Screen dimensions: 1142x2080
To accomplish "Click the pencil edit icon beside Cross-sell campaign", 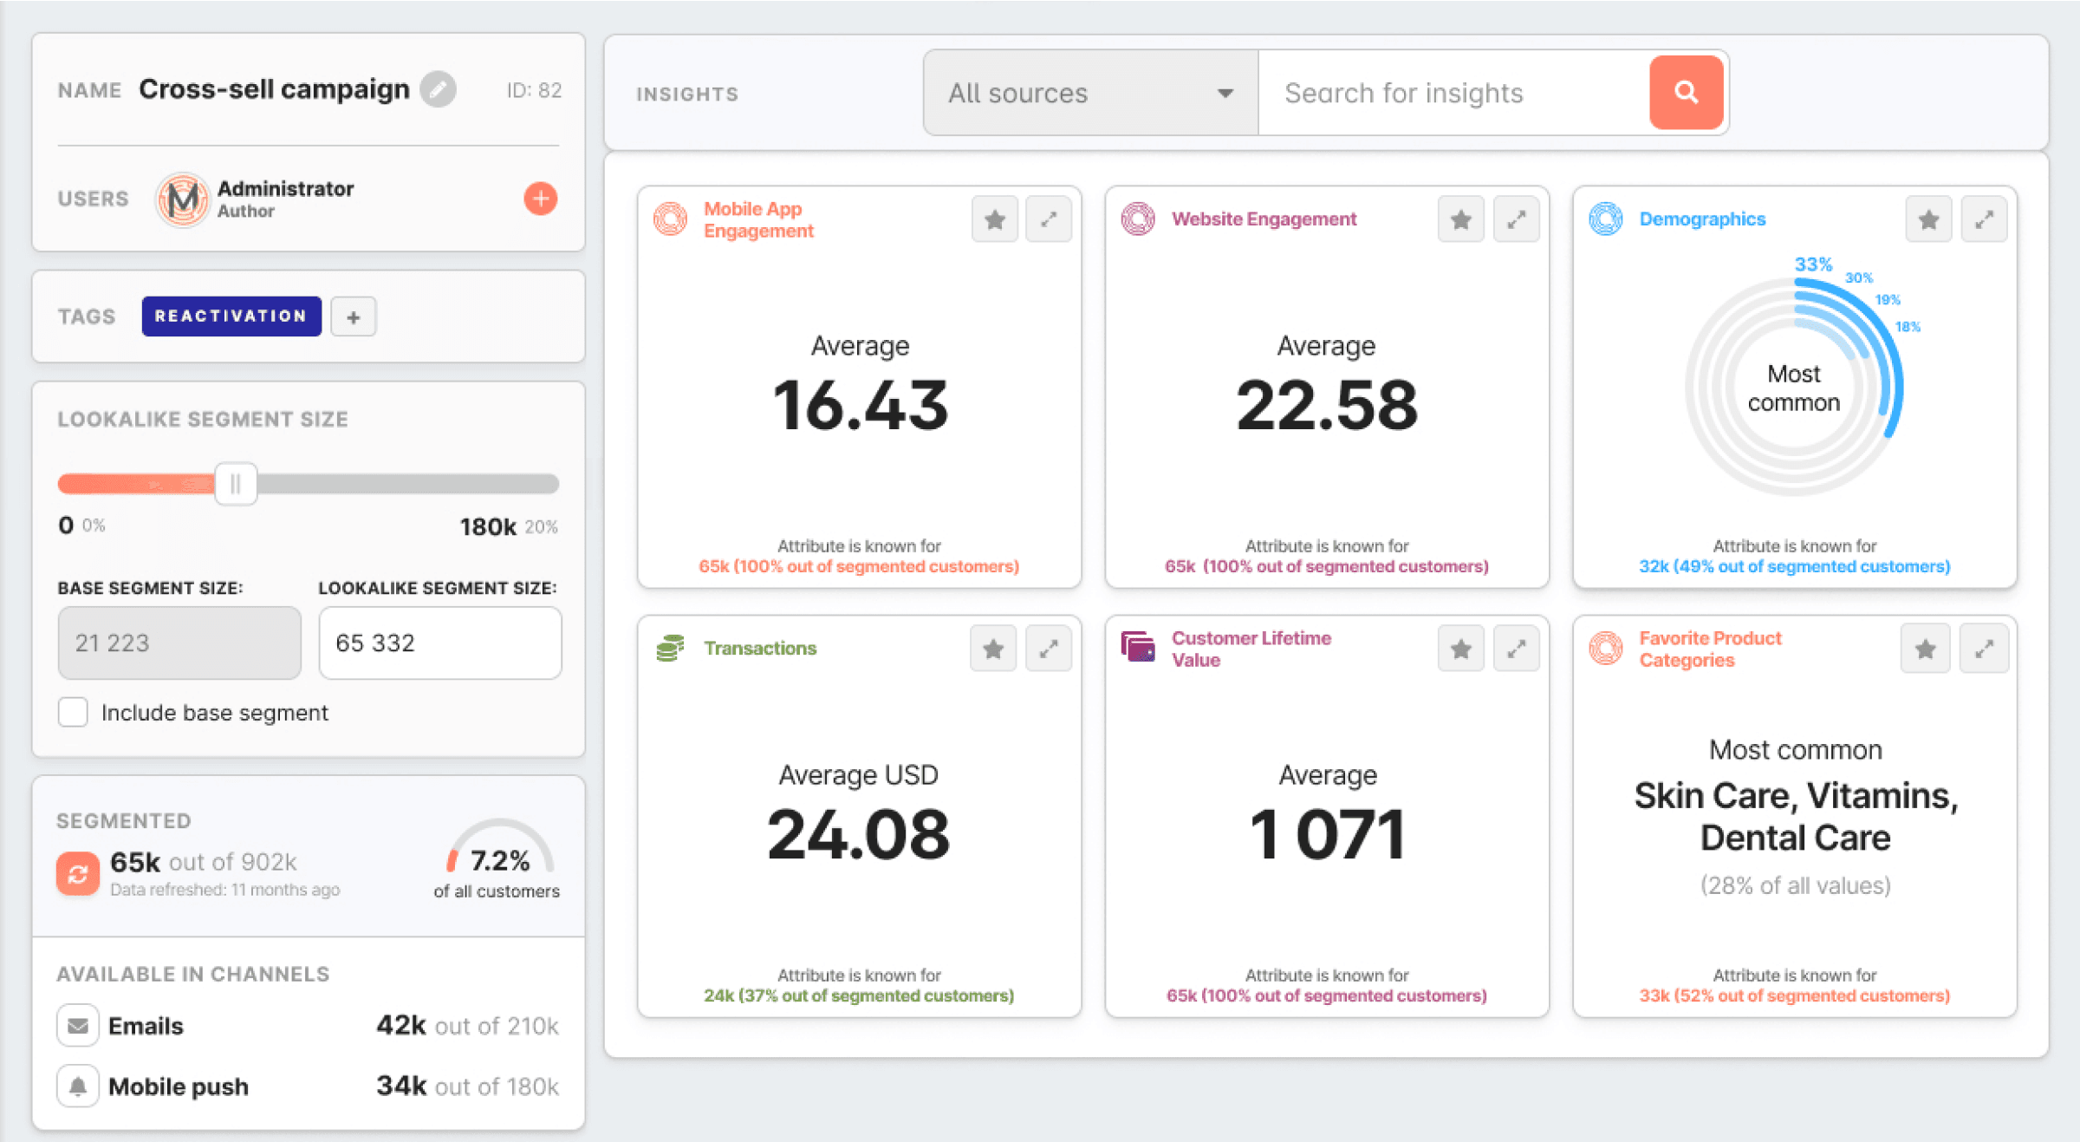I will click(x=439, y=89).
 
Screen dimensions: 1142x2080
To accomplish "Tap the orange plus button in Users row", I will click(x=540, y=199).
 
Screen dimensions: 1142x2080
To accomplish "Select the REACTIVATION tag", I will click(x=231, y=316).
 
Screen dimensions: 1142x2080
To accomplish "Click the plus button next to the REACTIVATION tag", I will click(x=354, y=317).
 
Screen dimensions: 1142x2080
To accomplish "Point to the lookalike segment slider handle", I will click(x=236, y=484).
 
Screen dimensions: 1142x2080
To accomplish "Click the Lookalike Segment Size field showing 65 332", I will click(x=439, y=643).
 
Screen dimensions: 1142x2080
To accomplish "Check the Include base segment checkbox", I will click(x=74, y=712).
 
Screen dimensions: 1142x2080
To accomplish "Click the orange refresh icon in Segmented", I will click(x=78, y=873).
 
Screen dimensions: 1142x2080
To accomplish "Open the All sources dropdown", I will click(x=1090, y=93).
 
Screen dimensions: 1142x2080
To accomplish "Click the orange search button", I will click(x=1686, y=93).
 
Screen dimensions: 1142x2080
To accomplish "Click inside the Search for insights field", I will click(x=1453, y=93).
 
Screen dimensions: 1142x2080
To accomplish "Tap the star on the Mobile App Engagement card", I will click(x=995, y=219).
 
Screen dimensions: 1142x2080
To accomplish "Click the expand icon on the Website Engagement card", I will click(x=1516, y=219).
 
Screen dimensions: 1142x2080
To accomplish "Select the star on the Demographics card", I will click(x=1928, y=219).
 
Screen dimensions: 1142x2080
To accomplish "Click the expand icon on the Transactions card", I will click(x=1049, y=649).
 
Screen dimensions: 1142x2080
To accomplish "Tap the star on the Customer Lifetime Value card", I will click(x=1461, y=649).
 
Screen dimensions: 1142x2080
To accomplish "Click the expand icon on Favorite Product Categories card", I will click(x=1984, y=649).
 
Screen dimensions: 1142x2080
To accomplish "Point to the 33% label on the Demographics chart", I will click(x=1813, y=264).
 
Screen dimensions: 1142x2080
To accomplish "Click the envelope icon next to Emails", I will click(x=78, y=1026).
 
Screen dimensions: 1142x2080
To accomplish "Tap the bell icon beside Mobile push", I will click(x=78, y=1087).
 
